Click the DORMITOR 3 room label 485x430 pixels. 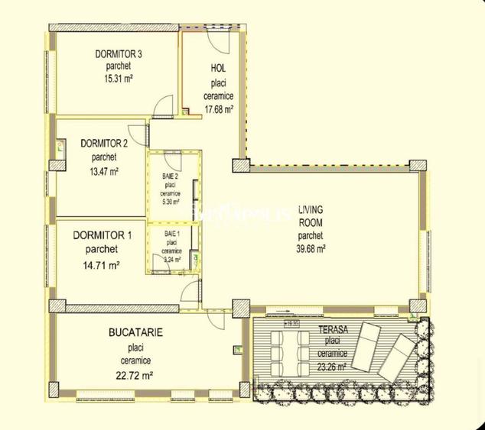(119, 54)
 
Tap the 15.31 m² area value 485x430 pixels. (119, 77)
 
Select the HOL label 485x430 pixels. (218, 69)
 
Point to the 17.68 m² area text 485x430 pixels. (219, 108)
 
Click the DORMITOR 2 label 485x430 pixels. (103, 143)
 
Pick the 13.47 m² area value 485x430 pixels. (104, 171)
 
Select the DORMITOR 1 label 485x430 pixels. (103, 235)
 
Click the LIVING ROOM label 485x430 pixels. (311, 215)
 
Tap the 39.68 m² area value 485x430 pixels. (311, 248)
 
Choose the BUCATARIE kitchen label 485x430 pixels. (135, 334)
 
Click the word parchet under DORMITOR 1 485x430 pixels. (102, 249)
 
